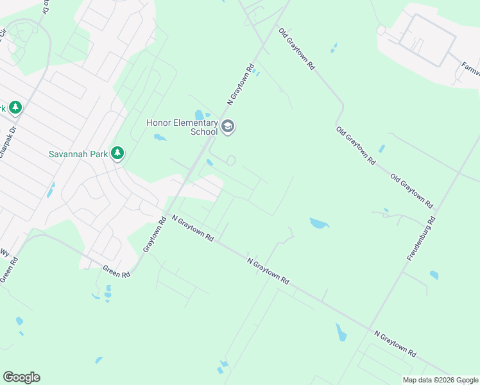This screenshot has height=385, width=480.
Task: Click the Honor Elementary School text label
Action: click(182, 127)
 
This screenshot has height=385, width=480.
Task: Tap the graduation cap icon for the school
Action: click(227, 128)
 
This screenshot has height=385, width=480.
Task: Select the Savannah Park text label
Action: click(79, 154)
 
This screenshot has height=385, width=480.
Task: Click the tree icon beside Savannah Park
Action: click(117, 153)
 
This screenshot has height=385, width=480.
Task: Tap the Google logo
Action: click(21, 377)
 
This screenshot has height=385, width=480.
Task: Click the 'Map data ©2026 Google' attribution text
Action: click(440, 380)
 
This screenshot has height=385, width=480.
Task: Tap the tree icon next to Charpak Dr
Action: click(15, 107)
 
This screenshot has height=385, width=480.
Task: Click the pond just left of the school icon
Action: click(199, 116)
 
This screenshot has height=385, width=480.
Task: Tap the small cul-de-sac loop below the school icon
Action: click(231, 160)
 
